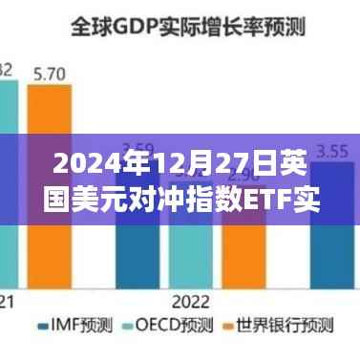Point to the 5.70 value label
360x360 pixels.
(x=49, y=72)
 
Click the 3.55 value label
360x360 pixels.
(x=331, y=150)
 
